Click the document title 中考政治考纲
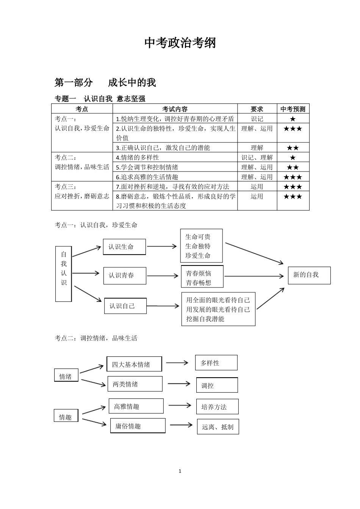[180, 43]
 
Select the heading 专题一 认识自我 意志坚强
[100, 99]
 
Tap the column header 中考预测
[293, 109]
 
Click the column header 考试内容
[175, 109]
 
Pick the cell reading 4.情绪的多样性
[138, 158]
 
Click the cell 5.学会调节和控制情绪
[147, 167]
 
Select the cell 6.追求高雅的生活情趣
[147, 177]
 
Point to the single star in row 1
[293, 119]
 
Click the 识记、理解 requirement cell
[257, 158]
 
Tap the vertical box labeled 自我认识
[64, 273]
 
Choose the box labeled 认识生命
[124, 247]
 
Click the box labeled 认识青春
[125, 275]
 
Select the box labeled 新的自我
[309, 275]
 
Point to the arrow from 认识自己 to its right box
[163, 306]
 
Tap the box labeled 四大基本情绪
[134, 364]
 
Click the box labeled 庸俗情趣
[138, 426]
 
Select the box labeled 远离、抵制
[218, 427]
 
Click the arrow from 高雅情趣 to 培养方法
[180, 406]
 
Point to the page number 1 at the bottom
[180, 471]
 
